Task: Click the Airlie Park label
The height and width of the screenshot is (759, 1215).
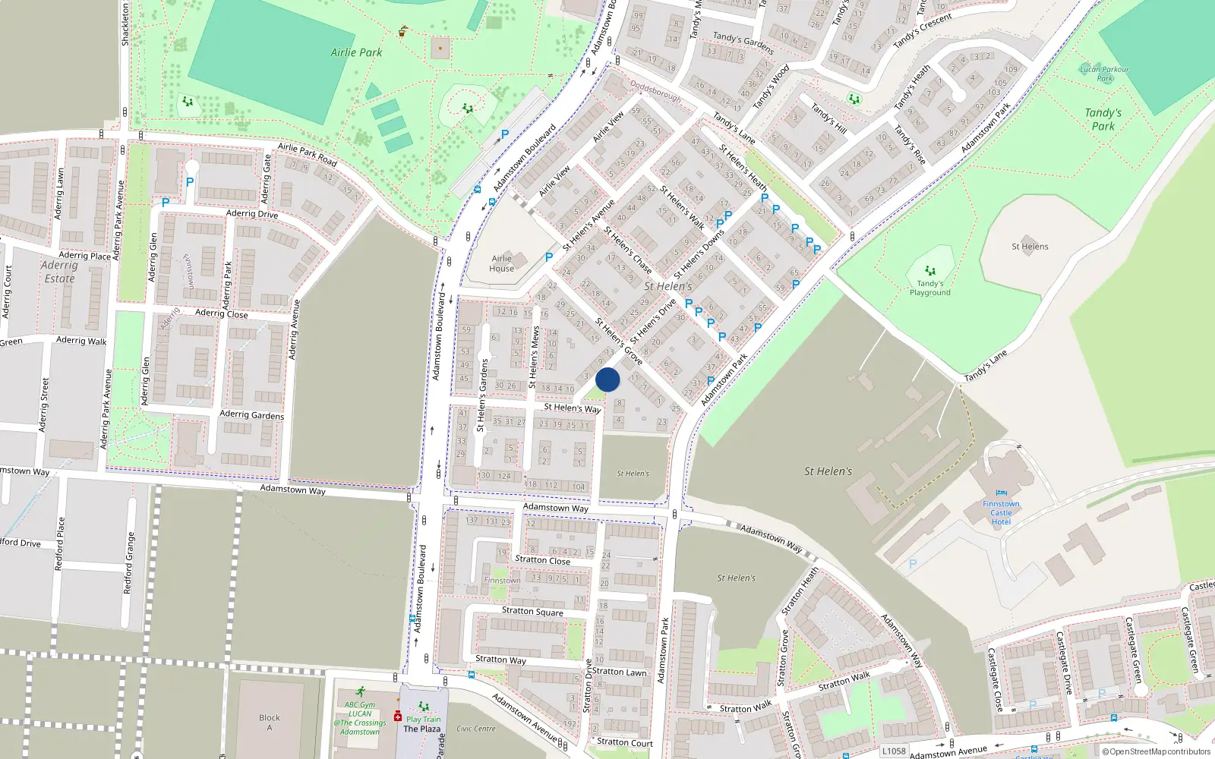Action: (356, 52)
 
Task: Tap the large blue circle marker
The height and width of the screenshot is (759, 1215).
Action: (607, 379)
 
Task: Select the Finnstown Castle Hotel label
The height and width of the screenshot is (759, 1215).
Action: (1001, 512)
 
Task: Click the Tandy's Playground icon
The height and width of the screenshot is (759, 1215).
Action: (930, 271)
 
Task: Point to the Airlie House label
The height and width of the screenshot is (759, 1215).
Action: (501, 263)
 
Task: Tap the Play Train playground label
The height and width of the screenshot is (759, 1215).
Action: (423, 719)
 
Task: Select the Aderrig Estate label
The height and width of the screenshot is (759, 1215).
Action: (59, 272)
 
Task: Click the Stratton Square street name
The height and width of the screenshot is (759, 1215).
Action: (532, 611)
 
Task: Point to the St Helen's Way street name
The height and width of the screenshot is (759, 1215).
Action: (572, 408)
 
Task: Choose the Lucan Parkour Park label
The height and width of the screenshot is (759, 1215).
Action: (1104, 74)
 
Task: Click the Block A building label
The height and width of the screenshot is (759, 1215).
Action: (269, 722)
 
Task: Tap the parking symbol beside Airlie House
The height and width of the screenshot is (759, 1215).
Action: (548, 257)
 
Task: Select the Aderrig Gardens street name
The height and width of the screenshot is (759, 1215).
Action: (251, 414)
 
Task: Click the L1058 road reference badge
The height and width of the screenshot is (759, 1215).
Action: (894, 751)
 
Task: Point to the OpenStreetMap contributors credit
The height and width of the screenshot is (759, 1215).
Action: (1156, 751)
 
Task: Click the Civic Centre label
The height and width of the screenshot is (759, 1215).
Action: (475, 729)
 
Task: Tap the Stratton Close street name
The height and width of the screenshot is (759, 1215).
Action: (542, 560)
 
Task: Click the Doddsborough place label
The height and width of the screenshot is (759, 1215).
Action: (656, 92)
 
